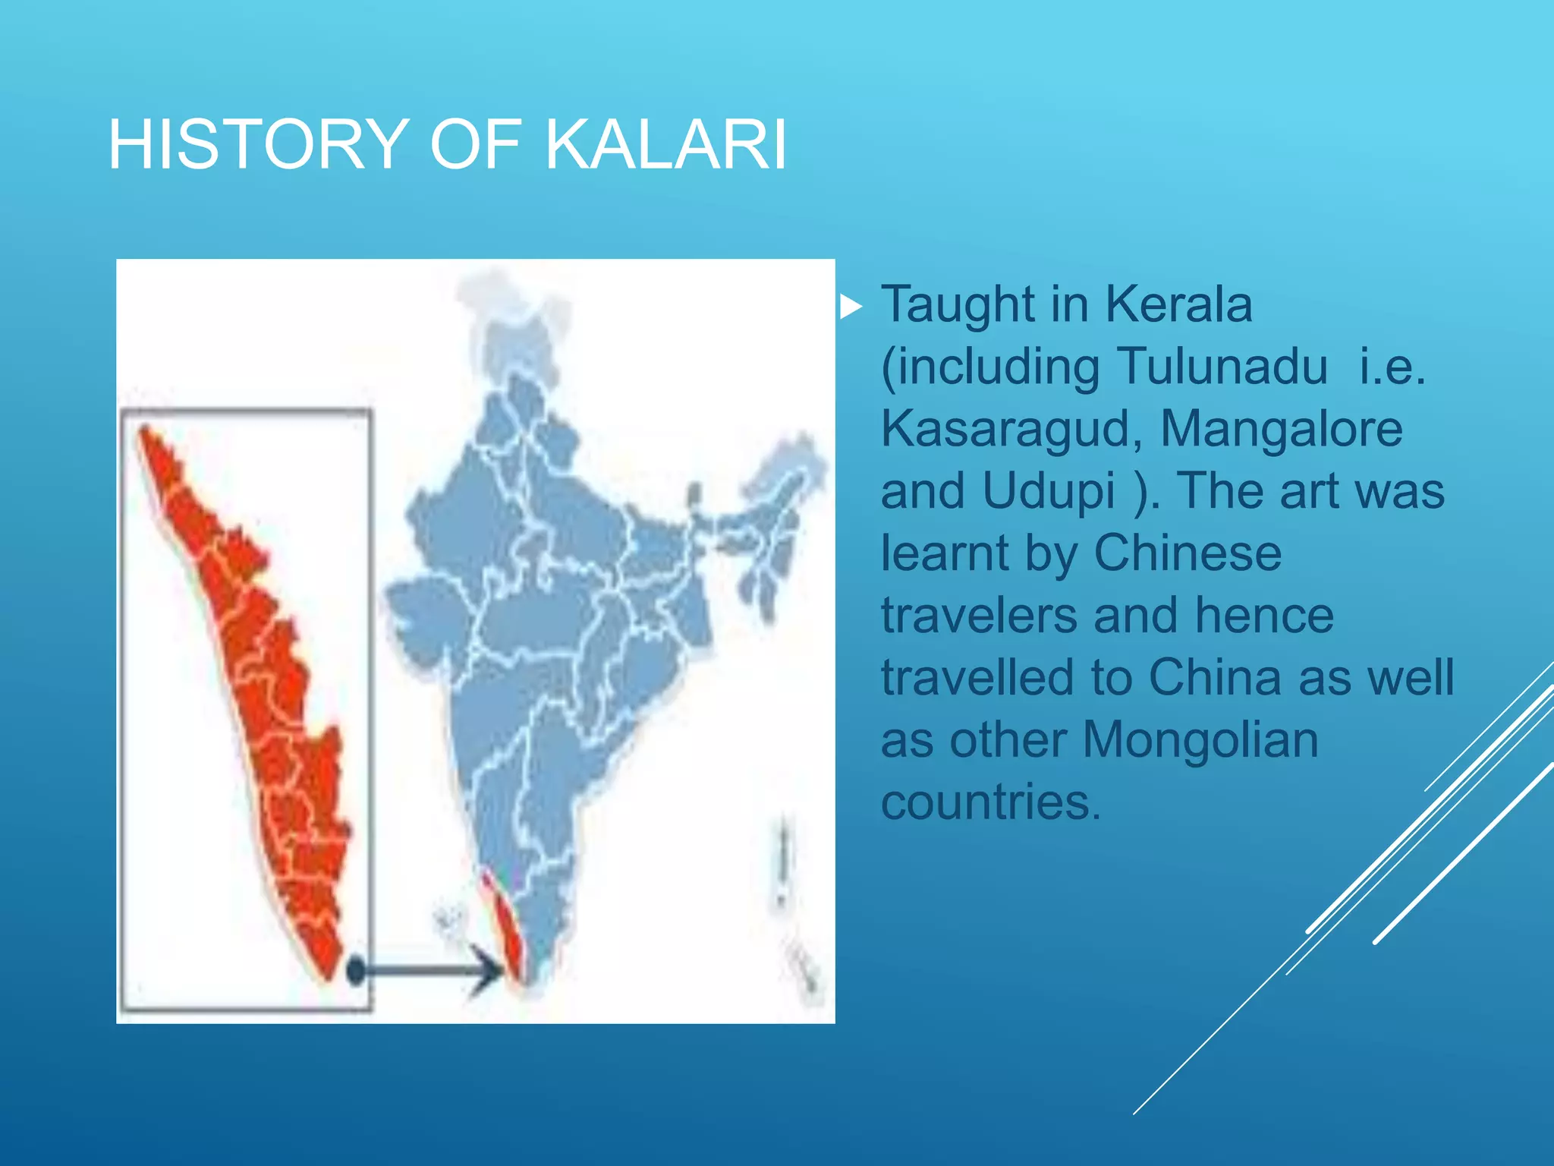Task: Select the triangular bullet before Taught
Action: (851, 307)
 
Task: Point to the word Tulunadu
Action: (1222, 367)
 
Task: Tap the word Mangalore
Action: (1282, 430)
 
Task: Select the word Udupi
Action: (1049, 492)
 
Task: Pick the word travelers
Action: (979, 616)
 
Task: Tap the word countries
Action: (990, 802)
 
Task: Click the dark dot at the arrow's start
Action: (356, 969)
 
